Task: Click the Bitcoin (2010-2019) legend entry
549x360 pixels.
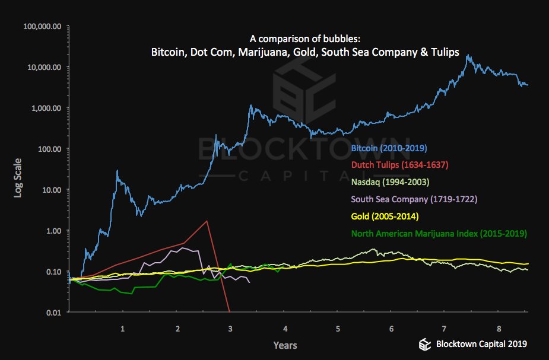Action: (389, 148)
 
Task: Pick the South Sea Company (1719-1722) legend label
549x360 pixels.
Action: (414, 199)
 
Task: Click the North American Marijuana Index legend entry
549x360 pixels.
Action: (439, 233)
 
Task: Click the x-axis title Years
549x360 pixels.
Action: (285, 345)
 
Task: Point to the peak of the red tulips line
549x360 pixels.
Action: (207, 221)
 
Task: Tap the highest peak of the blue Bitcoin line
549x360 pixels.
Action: (469, 55)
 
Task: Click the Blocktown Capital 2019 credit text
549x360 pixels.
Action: (481, 343)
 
